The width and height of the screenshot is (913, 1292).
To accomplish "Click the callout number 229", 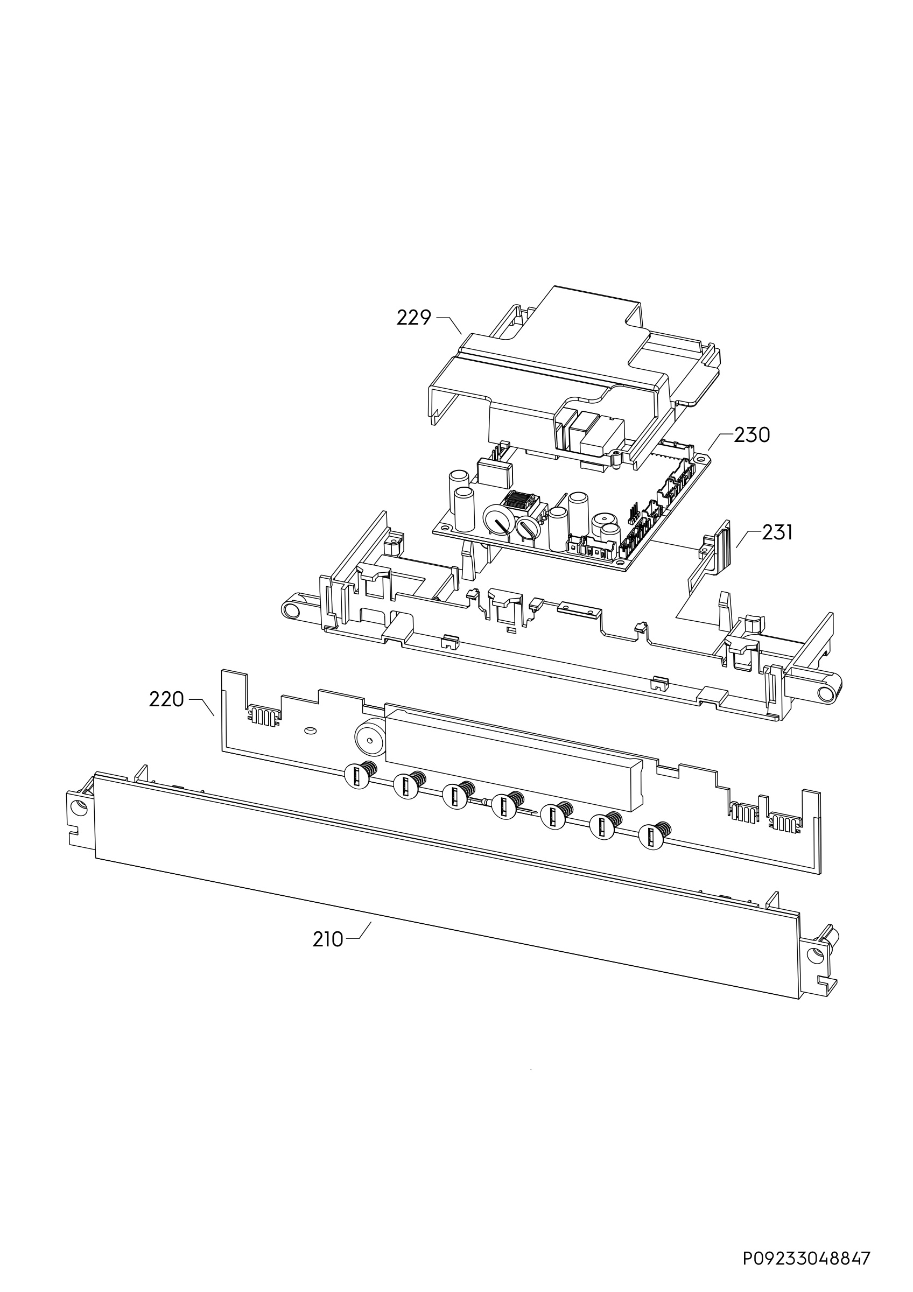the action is [x=413, y=318].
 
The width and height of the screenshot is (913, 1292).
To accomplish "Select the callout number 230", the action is [x=752, y=434].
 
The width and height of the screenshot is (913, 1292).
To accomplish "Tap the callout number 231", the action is [x=777, y=532].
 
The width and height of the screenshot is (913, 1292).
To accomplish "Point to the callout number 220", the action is [x=166, y=699].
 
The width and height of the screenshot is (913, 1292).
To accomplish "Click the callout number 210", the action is [x=327, y=939].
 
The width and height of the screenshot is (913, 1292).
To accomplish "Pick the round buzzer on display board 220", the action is [x=370, y=736].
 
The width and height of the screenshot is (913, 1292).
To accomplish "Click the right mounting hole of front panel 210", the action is [x=814, y=955].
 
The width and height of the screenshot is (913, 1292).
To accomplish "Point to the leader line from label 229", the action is [x=449, y=325].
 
